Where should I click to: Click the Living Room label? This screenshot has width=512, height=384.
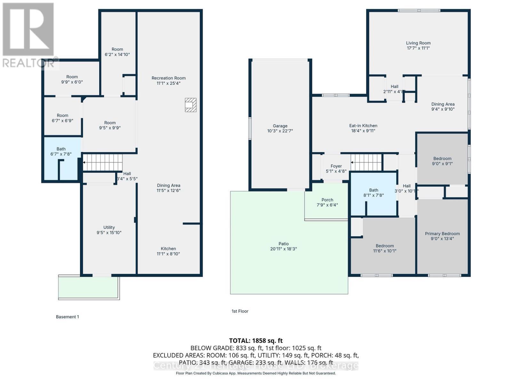click(418, 43)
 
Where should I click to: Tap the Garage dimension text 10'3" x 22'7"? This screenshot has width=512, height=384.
click(280, 131)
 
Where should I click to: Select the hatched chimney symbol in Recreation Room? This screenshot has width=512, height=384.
click(190, 105)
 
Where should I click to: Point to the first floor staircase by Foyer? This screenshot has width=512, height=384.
click(367, 162)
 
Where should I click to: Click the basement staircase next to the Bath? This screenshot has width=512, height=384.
click(103, 162)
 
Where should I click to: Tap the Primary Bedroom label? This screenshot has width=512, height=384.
click(442, 234)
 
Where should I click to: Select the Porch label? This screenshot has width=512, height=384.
click(327, 200)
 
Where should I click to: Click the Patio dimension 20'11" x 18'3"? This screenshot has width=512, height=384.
click(284, 249)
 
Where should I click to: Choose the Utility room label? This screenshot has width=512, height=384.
click(109, 228)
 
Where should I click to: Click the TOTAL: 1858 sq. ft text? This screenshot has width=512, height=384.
click(256, 340)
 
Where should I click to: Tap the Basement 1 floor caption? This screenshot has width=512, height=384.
click(67, 317)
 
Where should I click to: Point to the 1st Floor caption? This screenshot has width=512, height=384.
click(240, 311)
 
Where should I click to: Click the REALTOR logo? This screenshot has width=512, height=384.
click(29, 35)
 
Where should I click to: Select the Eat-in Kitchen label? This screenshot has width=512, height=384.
click(363, 126)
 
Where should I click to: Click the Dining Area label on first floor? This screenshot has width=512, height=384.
click(443, 104)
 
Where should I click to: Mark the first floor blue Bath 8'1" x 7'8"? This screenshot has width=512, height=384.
click(373, 193)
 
